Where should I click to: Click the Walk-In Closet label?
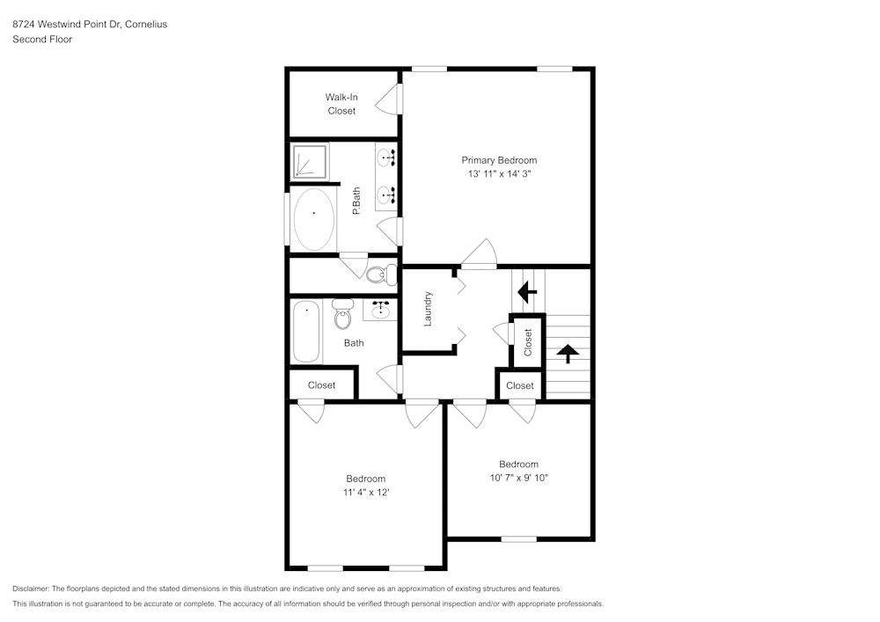341,104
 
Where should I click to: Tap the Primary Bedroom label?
499,160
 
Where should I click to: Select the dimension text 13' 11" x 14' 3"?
499,174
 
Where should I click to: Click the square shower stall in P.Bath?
310,163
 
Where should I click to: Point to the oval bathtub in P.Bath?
313,218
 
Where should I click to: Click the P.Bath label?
356,201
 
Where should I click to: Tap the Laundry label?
428,309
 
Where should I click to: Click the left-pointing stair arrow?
528,290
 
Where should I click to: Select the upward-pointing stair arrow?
568,353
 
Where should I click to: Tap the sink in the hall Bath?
381,310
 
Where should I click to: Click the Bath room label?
354,343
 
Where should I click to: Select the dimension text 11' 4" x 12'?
365,492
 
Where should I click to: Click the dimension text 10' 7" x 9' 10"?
518,478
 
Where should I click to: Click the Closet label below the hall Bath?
321,385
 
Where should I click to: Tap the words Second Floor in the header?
42,40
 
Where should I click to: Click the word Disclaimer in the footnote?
32,589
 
